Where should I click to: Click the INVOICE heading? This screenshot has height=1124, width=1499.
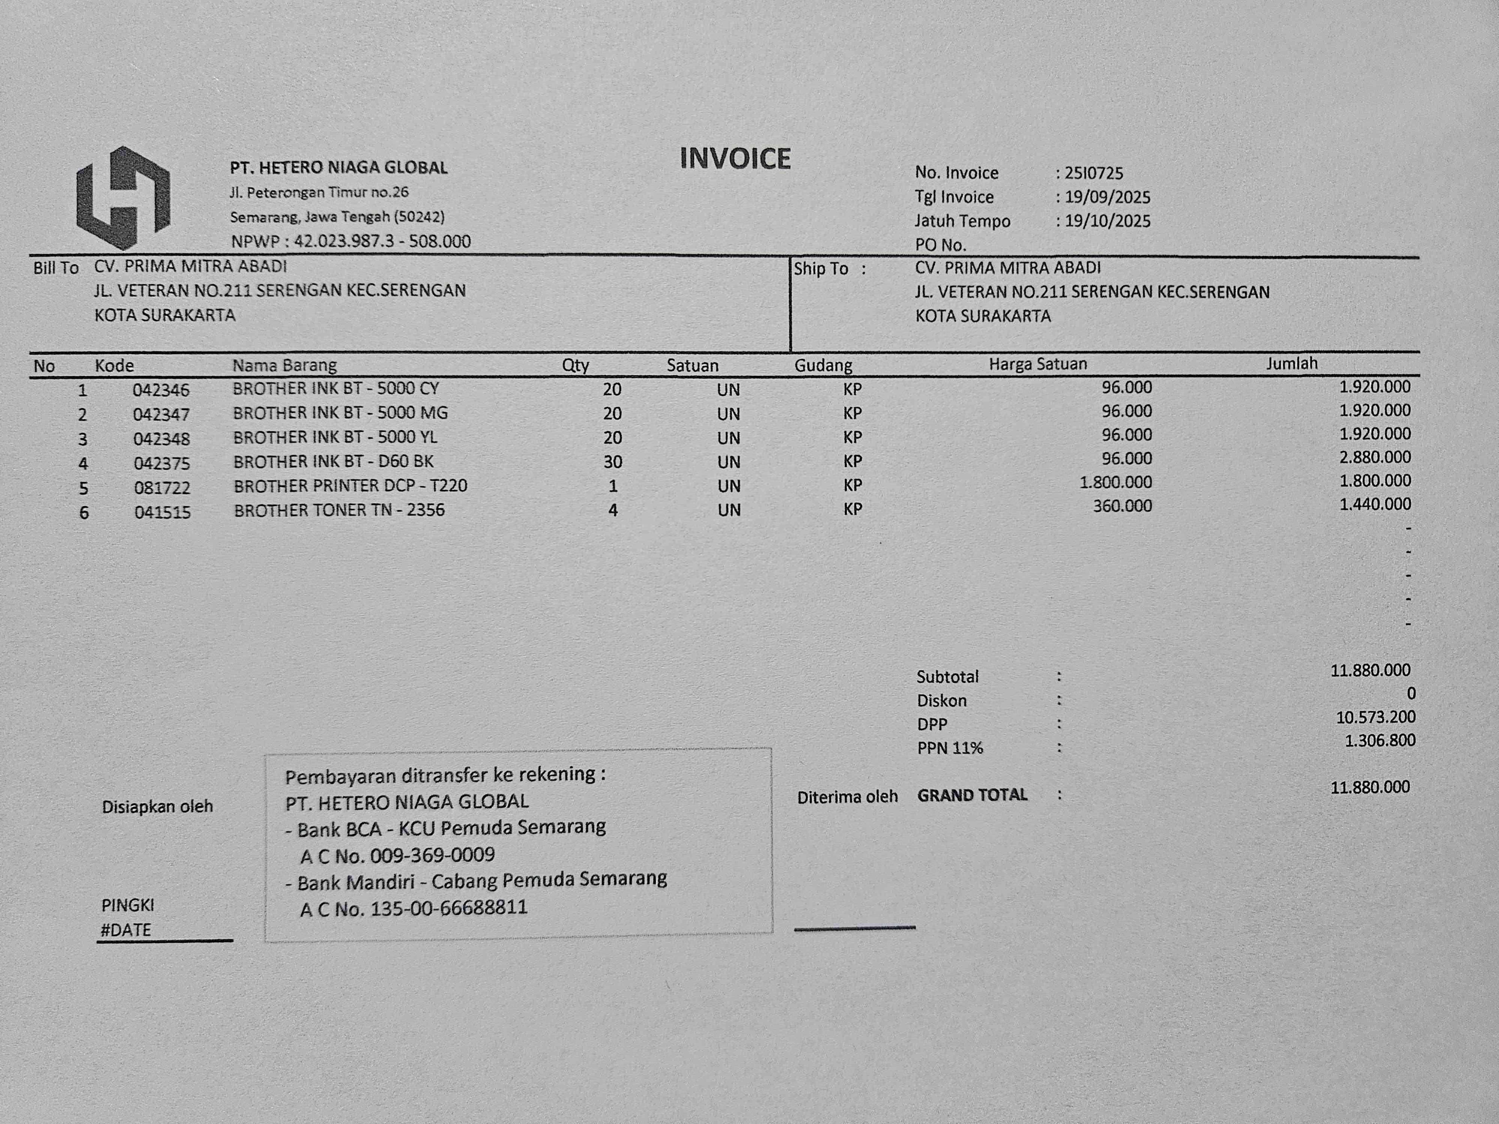735,158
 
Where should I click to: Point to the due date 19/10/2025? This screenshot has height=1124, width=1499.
1107,221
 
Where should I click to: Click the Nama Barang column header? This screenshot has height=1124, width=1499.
284,366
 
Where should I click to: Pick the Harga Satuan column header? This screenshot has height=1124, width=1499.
1038,365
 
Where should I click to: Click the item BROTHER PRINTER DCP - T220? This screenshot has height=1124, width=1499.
350,486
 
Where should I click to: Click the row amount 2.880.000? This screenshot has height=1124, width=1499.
1375,457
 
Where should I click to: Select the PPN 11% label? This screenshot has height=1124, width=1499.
949,748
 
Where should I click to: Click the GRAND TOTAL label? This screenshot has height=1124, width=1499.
972,795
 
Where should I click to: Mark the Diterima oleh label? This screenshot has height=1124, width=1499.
847,797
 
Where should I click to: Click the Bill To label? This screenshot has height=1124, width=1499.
55,268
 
